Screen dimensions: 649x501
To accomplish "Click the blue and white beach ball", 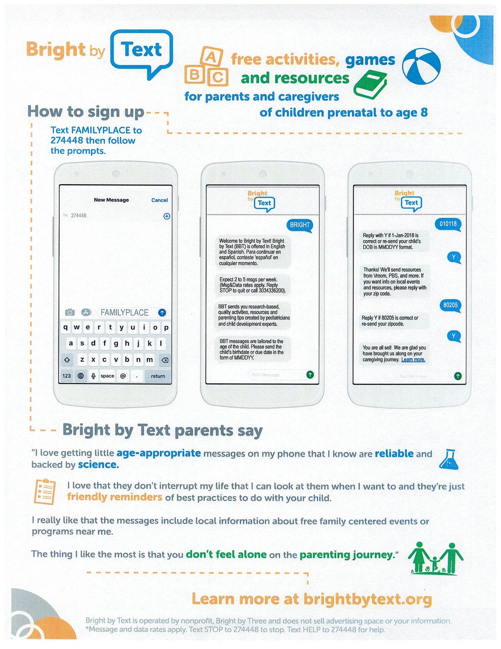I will [x=422, y=66].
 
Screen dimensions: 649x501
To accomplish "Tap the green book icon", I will [x=370, y=86].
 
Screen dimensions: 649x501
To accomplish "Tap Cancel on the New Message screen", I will [x=159, y=200].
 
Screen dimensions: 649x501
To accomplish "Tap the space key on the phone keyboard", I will [x=107, y=376].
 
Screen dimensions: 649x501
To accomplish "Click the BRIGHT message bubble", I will [x=299, y=225].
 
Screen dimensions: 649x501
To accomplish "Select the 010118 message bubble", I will [x=448, y=224].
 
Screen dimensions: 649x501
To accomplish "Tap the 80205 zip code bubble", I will [x=450, y=305].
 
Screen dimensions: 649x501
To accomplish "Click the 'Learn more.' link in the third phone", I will [x=413, y=360].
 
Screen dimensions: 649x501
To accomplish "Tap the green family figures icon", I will [x=435, y=558].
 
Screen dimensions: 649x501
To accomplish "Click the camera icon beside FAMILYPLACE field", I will [x=70, y=312].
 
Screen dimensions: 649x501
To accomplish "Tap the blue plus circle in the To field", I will [x=167, y=216].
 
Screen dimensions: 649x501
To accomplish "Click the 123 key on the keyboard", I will [x=67, y=376].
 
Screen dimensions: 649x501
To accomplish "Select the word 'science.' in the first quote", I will [x=98, y=465].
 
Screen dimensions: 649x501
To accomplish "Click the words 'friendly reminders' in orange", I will [x=114, y=497].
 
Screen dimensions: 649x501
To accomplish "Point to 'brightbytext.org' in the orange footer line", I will [x=367, y=599].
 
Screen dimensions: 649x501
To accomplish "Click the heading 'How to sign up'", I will [x=86, y=112].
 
